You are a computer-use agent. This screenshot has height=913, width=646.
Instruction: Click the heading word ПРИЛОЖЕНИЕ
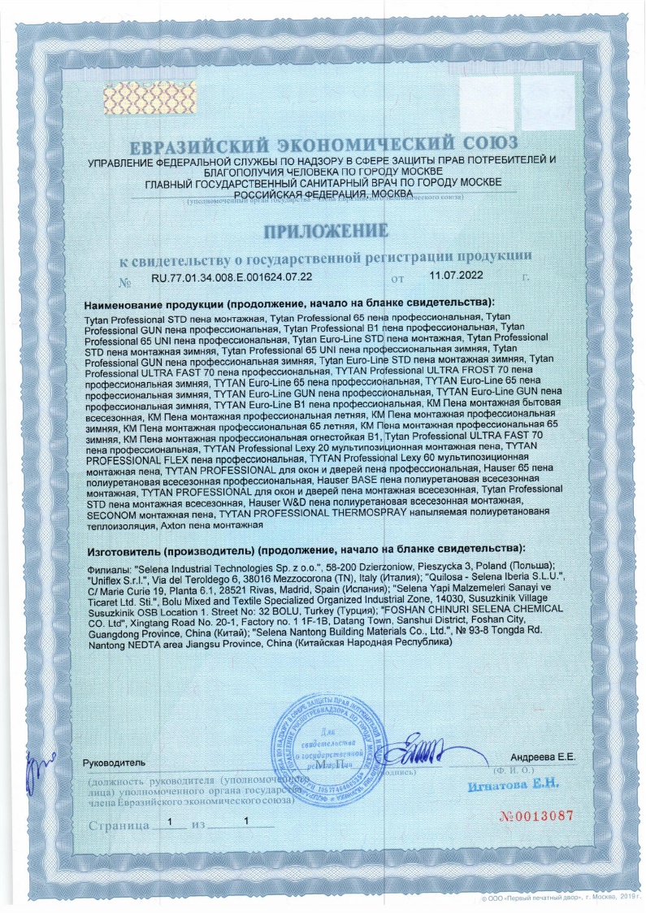(x=323, y=231)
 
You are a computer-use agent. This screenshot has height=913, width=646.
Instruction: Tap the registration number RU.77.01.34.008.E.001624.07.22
(x=232, y=278)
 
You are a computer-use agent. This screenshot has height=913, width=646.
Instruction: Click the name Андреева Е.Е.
(x=544, y=757)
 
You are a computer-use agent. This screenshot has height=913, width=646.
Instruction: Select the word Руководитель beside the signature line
(x=114, y=763)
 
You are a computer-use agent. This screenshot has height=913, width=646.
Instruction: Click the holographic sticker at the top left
(x=143, y=98)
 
